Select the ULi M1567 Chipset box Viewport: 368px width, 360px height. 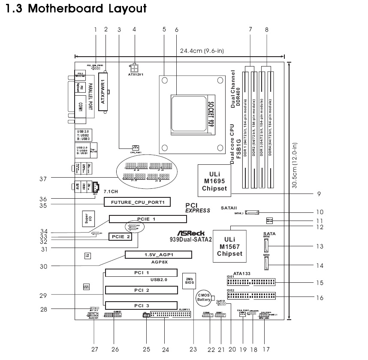click(229, 246)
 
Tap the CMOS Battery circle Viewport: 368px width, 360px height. click(203, 298)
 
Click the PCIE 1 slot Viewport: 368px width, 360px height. click(148, 219)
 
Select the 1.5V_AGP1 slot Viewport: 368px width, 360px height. click(158, 255)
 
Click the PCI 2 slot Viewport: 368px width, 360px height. click(142, 290)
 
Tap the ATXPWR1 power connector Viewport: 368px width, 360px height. click(103, 92)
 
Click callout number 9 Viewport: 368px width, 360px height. click(319, 194)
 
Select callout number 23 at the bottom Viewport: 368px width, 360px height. click(195, 349)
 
